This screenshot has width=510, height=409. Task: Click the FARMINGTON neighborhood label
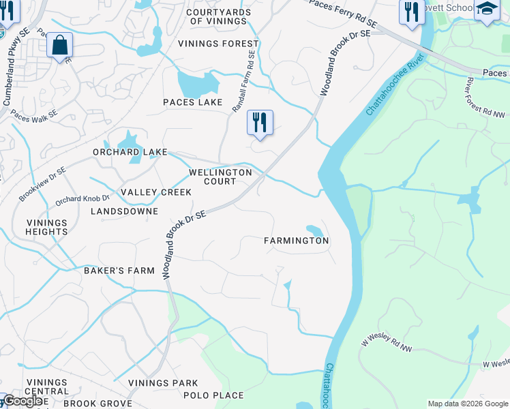pos(297,241)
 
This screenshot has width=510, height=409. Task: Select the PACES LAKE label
pos(192,102)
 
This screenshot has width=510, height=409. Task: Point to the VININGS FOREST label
pos(209,44)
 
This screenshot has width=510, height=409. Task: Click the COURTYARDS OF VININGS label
pos(216,17)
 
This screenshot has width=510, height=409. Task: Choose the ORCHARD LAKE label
pos(130,152)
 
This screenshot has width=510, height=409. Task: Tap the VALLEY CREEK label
pos(156,192)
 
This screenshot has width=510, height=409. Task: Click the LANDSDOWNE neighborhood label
pos(124,211)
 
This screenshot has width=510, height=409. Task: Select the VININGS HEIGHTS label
pos(47,227)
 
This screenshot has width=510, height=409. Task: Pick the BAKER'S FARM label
pos(119,271)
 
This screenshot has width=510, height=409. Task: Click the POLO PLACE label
pos(213,395)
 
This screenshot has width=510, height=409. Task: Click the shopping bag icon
pos(60,46)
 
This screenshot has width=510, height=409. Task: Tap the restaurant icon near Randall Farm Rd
pos(260,123)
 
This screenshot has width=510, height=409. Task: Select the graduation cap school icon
pos(487,10)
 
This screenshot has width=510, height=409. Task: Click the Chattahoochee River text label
pos(391,91)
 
